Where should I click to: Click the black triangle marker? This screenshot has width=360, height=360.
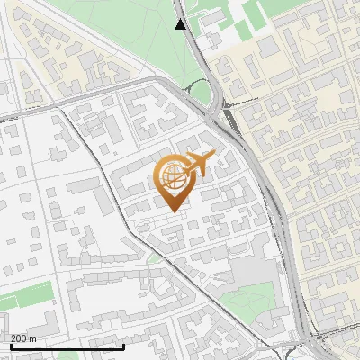[181, 24]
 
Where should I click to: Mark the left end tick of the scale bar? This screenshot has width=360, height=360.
[11, 345]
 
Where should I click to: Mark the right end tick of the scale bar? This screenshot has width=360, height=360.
[123, 345]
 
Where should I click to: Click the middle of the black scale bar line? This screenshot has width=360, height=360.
[67, 346]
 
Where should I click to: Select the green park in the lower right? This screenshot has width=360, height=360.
[249, 301]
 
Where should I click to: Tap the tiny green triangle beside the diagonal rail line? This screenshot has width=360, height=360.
[154, 258]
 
